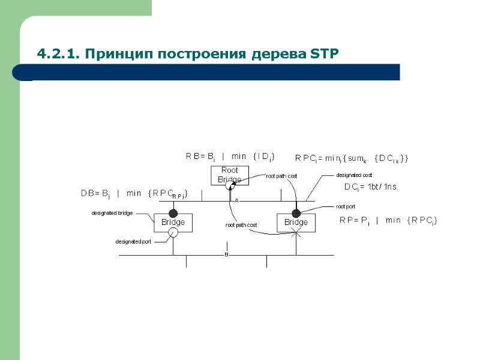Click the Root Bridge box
point(229,175)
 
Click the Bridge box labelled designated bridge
point(173,222)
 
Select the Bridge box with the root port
point(296,222)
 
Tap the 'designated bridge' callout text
point(112,213)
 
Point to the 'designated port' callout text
point(133,242)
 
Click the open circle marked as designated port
point(173,233)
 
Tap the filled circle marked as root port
point(296,213)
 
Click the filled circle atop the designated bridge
point(173,213)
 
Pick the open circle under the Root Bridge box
point(229,187)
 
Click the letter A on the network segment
point(236,200)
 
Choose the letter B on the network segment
point(227,254)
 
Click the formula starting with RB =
point(230,157)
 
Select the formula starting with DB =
point(134,193)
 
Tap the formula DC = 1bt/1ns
point(370,187)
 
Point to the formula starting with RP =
point(388,221)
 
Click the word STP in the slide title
point(325,55)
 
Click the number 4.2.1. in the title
point(58,55)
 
